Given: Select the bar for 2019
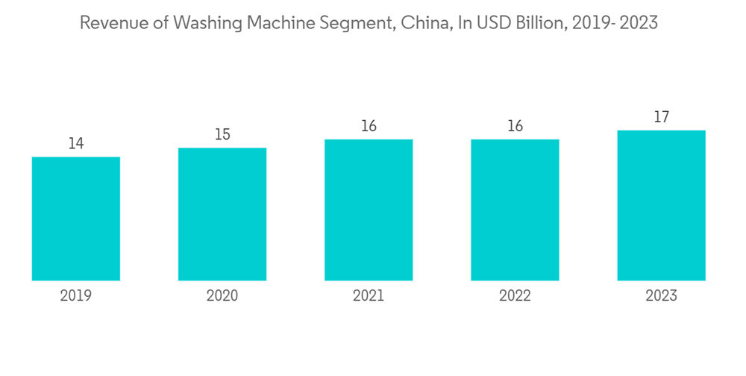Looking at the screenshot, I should (76, 219).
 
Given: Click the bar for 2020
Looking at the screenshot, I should (222, 214).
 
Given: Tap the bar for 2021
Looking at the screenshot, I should (369, 210).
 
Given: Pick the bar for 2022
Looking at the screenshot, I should (515, 210).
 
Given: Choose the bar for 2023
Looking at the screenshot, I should (661, 205).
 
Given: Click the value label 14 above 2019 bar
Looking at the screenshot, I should (76, 143).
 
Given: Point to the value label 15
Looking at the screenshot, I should (222, 134).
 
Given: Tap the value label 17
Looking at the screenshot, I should (661, 117).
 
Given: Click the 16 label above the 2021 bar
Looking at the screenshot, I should (369, 126).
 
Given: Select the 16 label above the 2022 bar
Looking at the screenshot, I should (515, 126).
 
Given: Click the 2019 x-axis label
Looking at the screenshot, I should (76, 296).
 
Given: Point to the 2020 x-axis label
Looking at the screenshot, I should (222, 296).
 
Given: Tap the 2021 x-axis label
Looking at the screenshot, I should (369, 296).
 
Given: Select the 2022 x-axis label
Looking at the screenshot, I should (515, 296).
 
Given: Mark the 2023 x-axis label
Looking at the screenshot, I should (661, 296).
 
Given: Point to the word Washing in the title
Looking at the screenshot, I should (204, 23).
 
